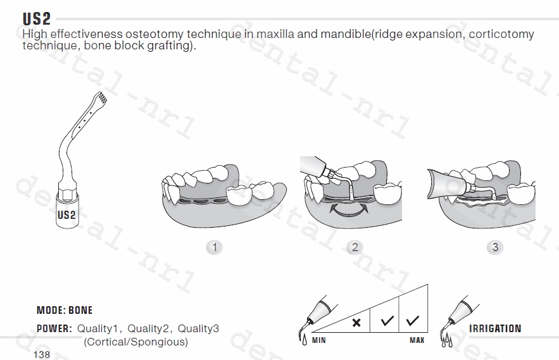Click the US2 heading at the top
point(37,19)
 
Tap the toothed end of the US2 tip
point(101,97)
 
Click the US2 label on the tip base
point(66,215)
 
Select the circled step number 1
point(214,247)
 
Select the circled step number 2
point(355,247)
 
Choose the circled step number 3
point(495,247)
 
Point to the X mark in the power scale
point(356,323)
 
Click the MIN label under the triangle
point(318,340)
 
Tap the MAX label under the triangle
point(417,340)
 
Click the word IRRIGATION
point(495,328)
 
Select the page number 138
point(42,355)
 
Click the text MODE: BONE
point(65,310)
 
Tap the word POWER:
point(54,328)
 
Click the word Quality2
point(148,328)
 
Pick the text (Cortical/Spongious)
point(136,342)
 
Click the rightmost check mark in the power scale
point(413,320)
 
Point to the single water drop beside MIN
point(304,340)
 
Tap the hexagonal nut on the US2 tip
point(67,194)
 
